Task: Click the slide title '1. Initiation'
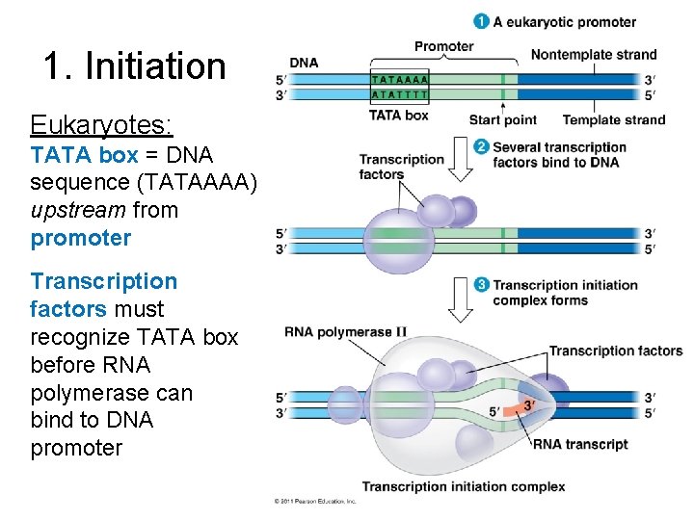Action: (134, 66)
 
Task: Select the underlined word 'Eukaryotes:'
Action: (101, 125)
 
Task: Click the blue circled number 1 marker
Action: (480, 21)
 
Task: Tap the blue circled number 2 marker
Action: (480, 147)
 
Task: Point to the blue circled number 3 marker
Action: (480, 285)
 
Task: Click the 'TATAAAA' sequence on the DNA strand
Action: (400, 79)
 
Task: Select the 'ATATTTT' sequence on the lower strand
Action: (400, 94)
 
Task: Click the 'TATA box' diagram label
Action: (399, 116)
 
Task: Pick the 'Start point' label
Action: (502, 120)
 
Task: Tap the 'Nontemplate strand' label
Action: (593, 55)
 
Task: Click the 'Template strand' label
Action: (613, 120)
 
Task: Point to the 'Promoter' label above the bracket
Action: (443, 46)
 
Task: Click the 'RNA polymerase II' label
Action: (345, 332)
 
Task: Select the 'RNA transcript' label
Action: (580, 444)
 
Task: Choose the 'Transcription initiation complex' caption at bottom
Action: (464, 486)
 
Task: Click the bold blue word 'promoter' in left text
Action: (81, 237)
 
